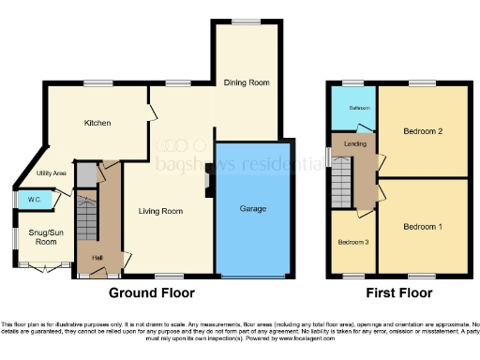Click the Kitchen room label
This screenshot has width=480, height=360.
[97, 123]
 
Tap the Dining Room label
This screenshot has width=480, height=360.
[247, 82]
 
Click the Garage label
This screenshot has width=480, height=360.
[253, 207]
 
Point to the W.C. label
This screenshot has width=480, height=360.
[33, 199]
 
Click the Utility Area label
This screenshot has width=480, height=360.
[51, 173]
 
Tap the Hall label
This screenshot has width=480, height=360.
[97, 258]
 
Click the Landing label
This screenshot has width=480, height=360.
[355, 143]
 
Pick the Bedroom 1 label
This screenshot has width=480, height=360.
[423, 227]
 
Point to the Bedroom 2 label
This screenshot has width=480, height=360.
[423, 131]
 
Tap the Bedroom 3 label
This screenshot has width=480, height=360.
[352, 242]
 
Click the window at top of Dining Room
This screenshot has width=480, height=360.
[247, 22]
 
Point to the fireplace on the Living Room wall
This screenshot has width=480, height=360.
[207, 185]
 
